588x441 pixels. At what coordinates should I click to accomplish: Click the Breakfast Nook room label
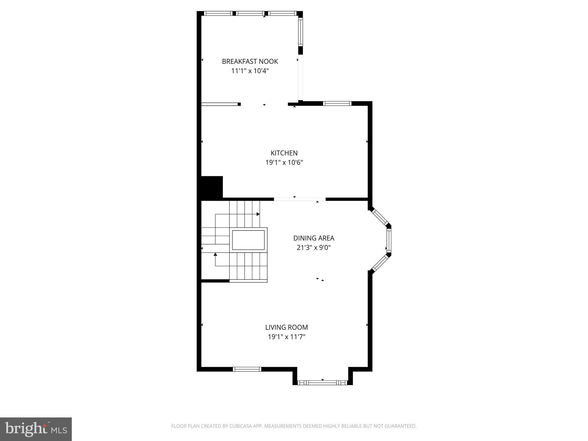point(250,61)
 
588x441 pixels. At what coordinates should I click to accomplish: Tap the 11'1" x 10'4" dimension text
point(250,71)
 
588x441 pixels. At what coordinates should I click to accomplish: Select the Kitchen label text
point(284,153)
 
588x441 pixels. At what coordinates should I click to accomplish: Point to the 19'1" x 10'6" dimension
point(284,163)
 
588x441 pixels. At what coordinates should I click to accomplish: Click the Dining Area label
point(314,238)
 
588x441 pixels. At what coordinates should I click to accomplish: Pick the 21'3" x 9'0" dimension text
point(314,247)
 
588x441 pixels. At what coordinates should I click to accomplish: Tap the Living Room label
point(286,327)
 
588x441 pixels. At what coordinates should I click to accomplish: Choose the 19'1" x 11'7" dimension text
point(286,337)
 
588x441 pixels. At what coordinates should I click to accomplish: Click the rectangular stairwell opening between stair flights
point(248,240)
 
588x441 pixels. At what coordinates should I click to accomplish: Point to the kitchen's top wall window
point(337,104)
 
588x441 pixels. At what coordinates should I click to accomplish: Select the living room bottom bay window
point(322,382)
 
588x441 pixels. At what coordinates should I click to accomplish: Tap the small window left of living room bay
point(247,369)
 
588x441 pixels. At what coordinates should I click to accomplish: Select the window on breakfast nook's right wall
point(300,32)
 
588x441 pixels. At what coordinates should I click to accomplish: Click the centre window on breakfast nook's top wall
point(250,13)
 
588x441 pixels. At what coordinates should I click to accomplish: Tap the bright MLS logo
point(36,429)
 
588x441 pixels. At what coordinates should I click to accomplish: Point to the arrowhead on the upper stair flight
point(258,214)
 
